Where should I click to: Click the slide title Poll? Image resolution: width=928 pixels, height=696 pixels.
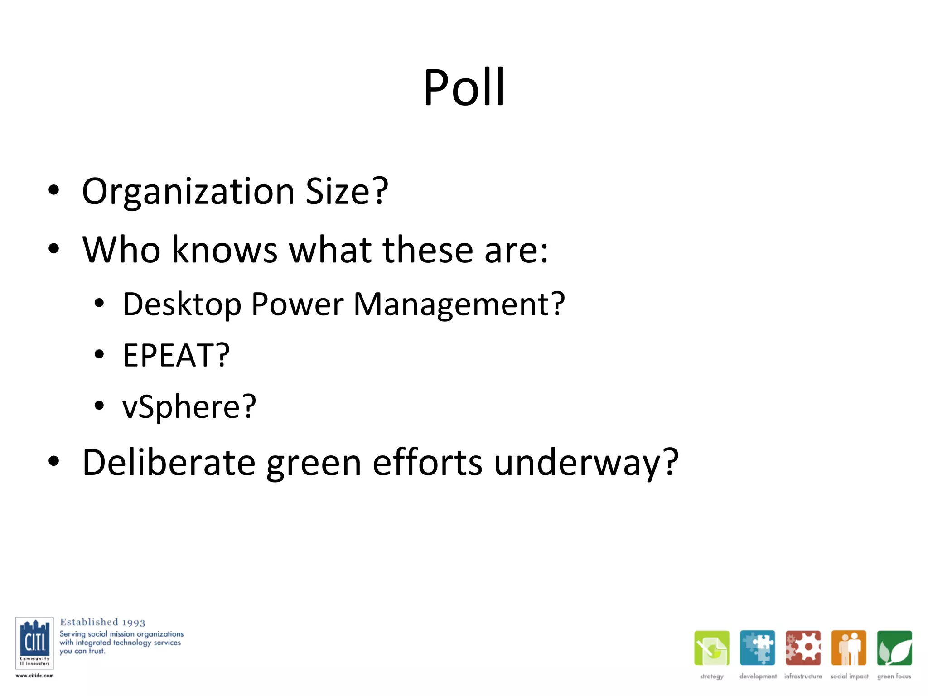[x=464, y=87]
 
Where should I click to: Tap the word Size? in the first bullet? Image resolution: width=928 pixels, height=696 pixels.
[x=347, y=191]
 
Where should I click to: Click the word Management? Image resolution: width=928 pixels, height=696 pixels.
[x=459, y=304]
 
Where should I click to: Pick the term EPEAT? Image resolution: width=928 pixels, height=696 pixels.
[x=176, y=355]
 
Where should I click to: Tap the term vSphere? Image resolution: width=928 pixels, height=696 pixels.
[x=189, y=406]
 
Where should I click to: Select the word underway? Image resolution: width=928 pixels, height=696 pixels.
[x=586, y=463]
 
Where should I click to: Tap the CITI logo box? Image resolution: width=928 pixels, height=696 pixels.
[x=34, y=643]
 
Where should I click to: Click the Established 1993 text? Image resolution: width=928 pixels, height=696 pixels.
[x=102, y=622]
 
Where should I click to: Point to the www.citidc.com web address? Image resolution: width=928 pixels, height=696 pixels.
[x=34, y=676]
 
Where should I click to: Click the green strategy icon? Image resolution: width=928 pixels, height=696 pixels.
[x=711, y=648]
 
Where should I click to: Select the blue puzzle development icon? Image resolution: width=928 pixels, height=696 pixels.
[x=757, y=648]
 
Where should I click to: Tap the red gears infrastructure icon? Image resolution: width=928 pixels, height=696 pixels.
[x=803, y=648]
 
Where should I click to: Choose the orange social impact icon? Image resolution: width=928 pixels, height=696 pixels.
[x=849, y=648]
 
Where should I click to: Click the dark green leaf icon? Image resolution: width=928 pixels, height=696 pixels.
[x=894, y=648]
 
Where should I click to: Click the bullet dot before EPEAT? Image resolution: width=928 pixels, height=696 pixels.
[x=99, y=354]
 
